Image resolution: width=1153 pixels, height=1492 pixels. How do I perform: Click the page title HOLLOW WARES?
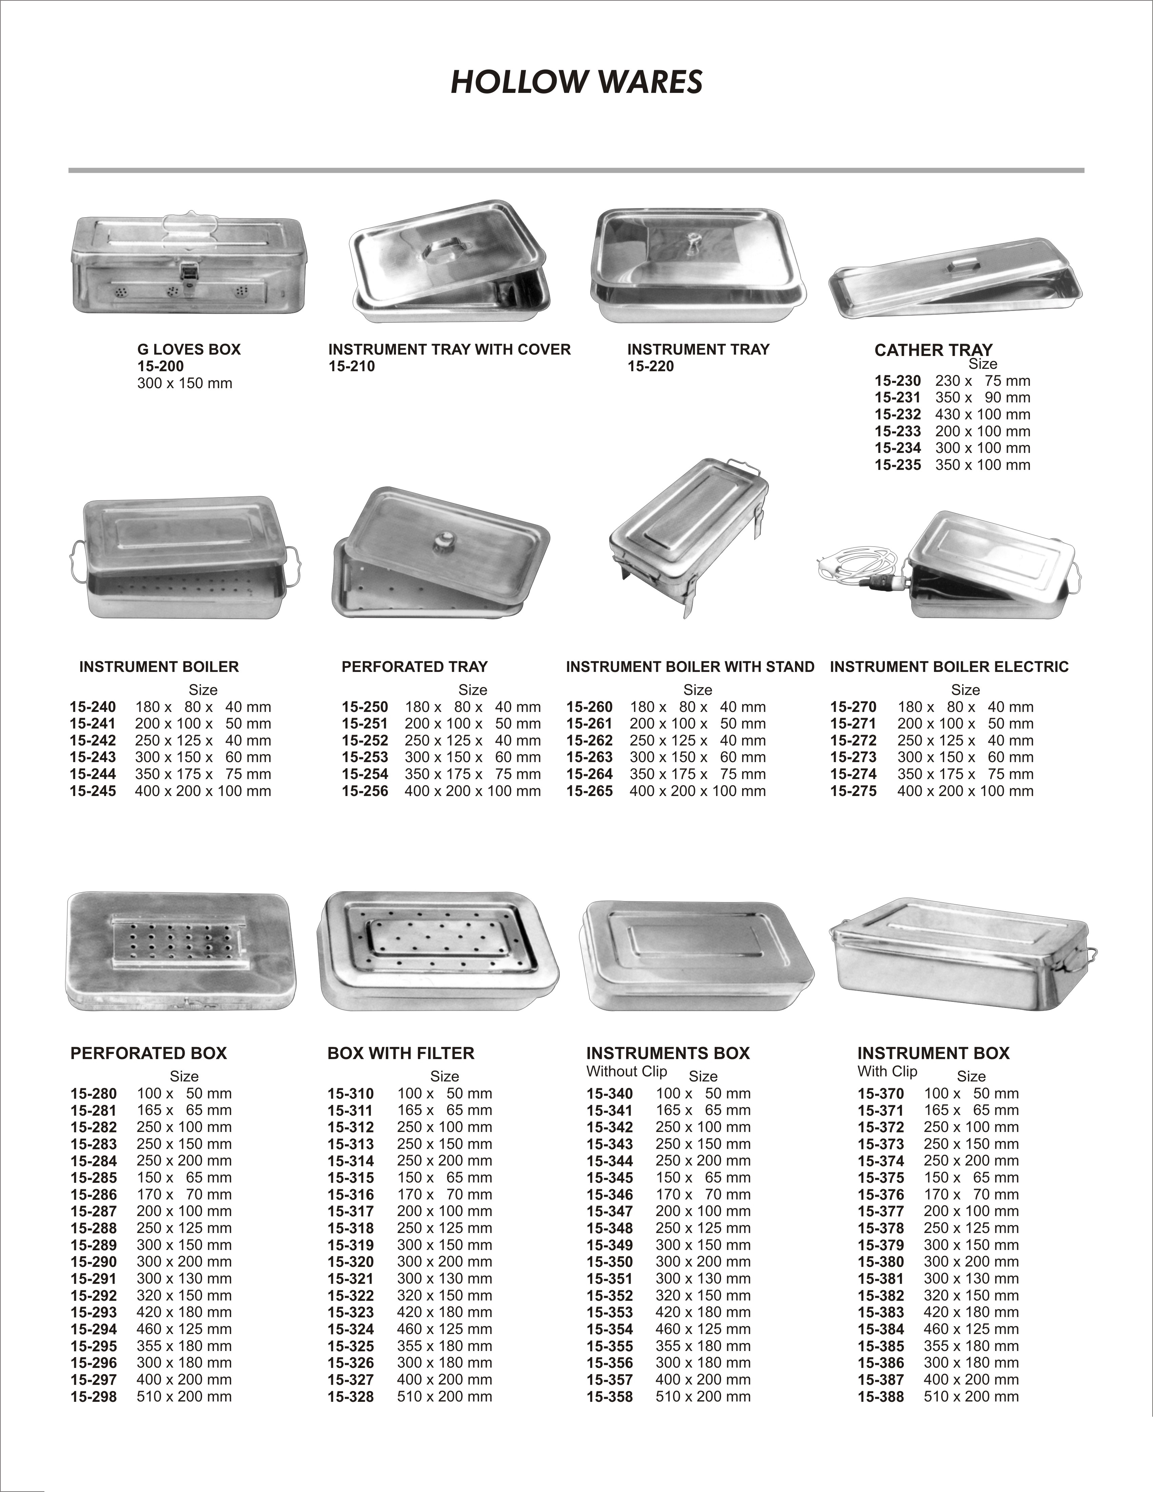coord(576,82)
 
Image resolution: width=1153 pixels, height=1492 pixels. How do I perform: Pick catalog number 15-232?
coord(897,415)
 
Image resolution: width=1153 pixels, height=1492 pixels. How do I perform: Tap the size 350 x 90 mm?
coord(982,398)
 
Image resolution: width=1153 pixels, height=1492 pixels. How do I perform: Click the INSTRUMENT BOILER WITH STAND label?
coord(690,667)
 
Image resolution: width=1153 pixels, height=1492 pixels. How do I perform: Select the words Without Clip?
coord(627,1071)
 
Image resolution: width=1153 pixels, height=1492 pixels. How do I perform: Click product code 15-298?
coord(94,1397)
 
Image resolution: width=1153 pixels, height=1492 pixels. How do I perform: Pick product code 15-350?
coord(609,1262)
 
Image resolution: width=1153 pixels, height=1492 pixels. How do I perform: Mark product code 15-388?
coord(880,1397)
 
